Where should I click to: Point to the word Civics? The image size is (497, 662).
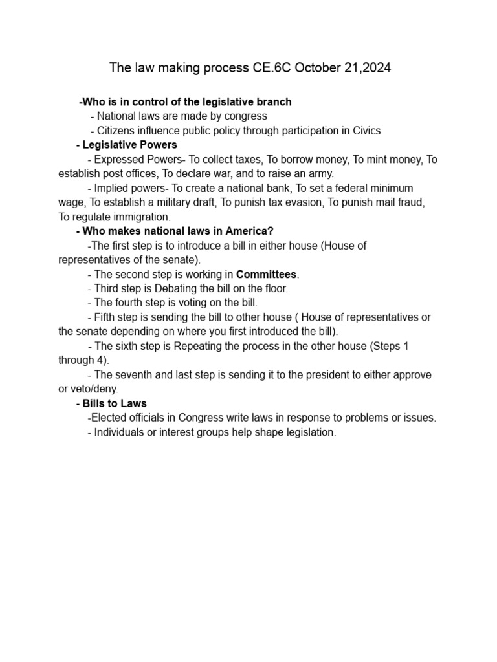click(365, 131)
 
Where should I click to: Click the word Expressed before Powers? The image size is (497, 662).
click(118, 159)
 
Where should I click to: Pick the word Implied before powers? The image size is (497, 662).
click(111, 188)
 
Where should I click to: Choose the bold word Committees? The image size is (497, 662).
click(266, 275)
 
